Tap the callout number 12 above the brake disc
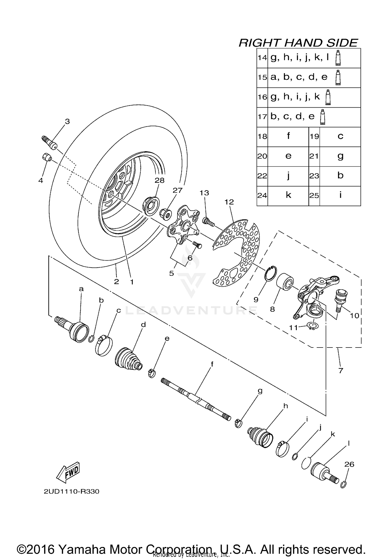pyautogui.click(x=229, y=202)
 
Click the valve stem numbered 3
pyautogui.click(x=50, y=143)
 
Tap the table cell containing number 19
pyautogui.click(x=314, y=137)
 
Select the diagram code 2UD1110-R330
pyautogui.click(x=71, y=491)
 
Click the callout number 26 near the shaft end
pyautogui.click(x=349, y=464)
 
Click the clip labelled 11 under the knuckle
pyautogui.click(x=312, y=326)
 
